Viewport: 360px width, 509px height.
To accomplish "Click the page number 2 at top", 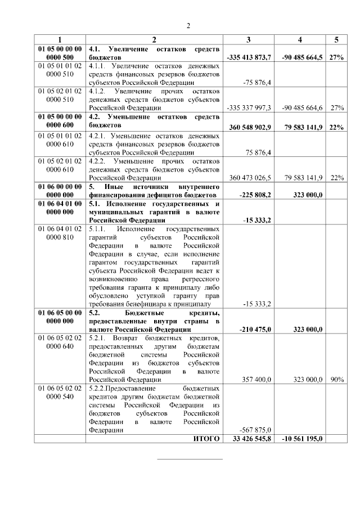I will click(x=188, y=25).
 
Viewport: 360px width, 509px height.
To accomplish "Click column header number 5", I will click(x=336, y=39).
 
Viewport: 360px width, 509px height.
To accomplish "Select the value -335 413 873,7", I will click(x=249, y=57).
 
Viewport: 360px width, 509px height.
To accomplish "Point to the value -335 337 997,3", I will click(x=249, y=107).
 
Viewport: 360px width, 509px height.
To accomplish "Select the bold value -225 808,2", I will click(x=255, y=195).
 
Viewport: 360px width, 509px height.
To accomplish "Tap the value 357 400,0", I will click(x=256, y=380).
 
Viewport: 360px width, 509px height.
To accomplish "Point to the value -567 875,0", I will click(x=256, y=430).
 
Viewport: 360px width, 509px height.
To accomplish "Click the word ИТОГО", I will click(x=206, y=439).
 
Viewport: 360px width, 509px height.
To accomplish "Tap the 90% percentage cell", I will click(x=337, y=380).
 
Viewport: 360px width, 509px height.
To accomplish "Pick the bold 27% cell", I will click(x=337, y=57).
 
